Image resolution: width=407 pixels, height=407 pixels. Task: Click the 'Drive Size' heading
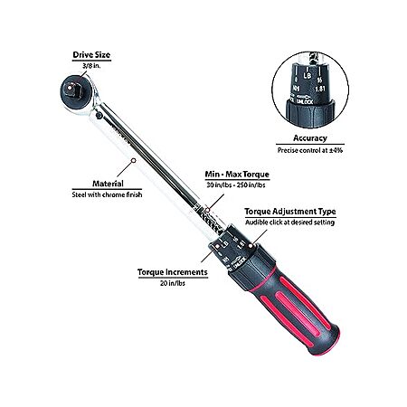pos(91,55)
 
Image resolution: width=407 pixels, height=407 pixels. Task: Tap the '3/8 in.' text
pos(91,66)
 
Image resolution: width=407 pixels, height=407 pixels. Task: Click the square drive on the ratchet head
pos(71,90)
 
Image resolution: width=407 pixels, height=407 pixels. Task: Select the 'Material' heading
pos(108,184)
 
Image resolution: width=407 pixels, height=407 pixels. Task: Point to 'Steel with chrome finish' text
pos(107,194)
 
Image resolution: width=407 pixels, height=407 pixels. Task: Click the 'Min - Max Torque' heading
pos(237,175)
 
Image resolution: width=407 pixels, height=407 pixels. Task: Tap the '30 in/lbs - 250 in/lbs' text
pos(236,185)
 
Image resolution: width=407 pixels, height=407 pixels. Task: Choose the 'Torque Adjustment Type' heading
pos(290,212)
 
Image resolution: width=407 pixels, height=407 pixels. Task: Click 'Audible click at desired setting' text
pos(289,222)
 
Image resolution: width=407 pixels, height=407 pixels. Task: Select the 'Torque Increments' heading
pos(173,272)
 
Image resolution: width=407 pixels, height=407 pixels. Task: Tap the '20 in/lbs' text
pos(173,283)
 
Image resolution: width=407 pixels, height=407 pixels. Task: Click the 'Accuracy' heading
pos(310,138)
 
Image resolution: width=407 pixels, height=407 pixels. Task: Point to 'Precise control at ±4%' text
pos(310,150)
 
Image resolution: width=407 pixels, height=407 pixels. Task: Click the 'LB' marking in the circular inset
pos(307,75)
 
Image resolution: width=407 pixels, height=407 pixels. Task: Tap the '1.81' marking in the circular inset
pos(320,89)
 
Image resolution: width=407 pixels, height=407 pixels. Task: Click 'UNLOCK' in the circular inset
pos(304,101)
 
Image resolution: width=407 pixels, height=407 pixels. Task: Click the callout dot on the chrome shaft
pos(134,160)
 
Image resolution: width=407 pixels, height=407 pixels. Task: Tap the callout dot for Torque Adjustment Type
pos(250,246)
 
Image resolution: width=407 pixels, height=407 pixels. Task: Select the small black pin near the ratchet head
pos(99,115)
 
